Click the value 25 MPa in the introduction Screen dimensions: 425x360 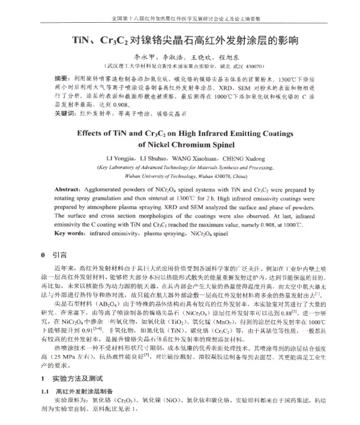tap(77, 356)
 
